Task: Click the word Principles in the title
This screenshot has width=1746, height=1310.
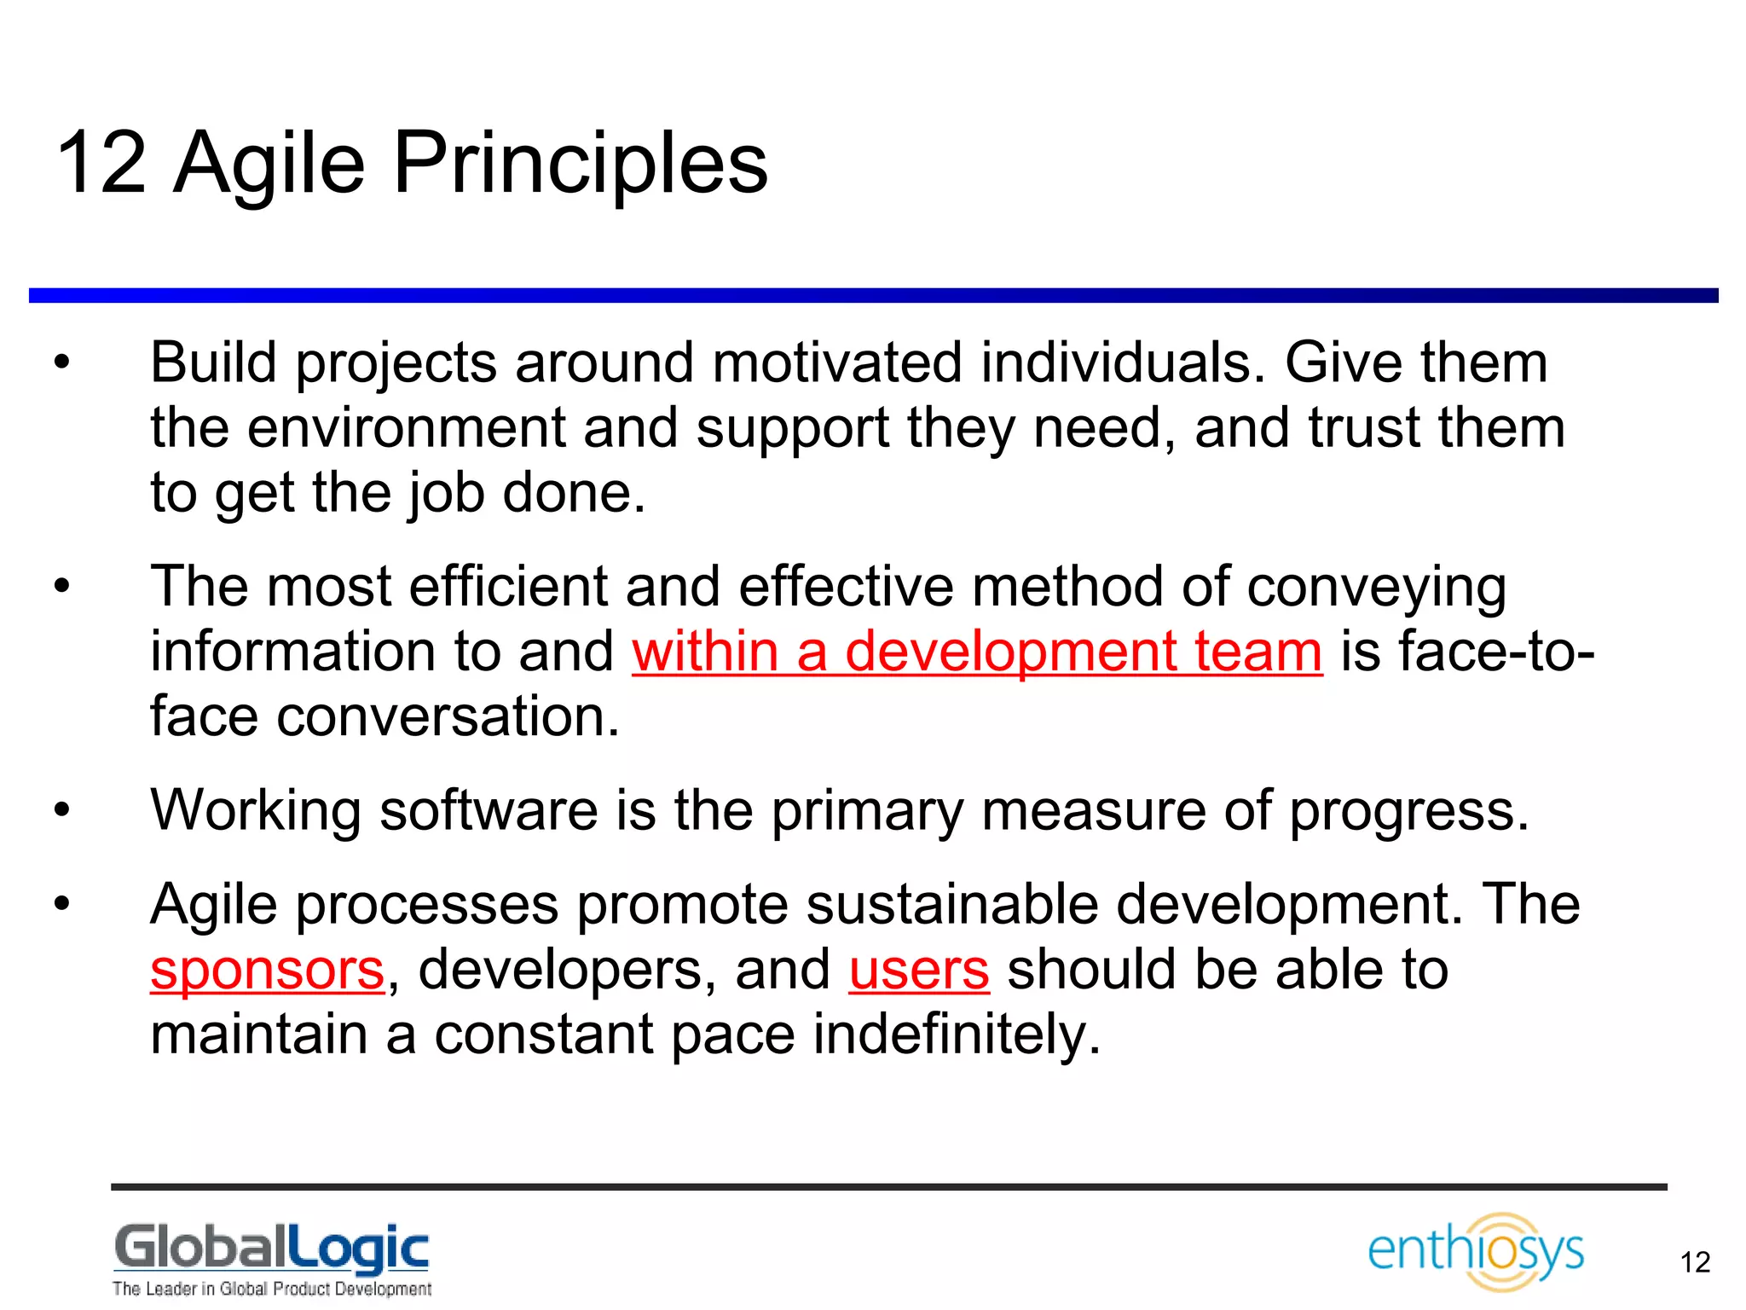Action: click(x=580, y=164)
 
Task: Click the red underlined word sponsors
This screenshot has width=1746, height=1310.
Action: click(x=268, y=971)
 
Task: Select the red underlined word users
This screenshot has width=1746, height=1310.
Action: click(x=918, y=971)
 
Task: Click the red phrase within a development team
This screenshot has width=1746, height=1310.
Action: click(x=977, y=652)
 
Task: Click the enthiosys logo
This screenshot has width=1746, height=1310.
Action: click(x=1475, y=1250)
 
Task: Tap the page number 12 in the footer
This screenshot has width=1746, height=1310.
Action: click(x=1695, y=1262)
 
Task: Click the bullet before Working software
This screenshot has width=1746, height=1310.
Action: click(x=61, y=810)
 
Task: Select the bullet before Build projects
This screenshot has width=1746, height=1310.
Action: click(x=61, y=363)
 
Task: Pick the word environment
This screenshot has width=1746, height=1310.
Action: click(x=406, y=428)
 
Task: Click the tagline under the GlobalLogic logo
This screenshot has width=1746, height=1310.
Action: click(x=271, y=1289)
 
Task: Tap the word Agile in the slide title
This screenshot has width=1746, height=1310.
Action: click(x=269, y=164)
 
